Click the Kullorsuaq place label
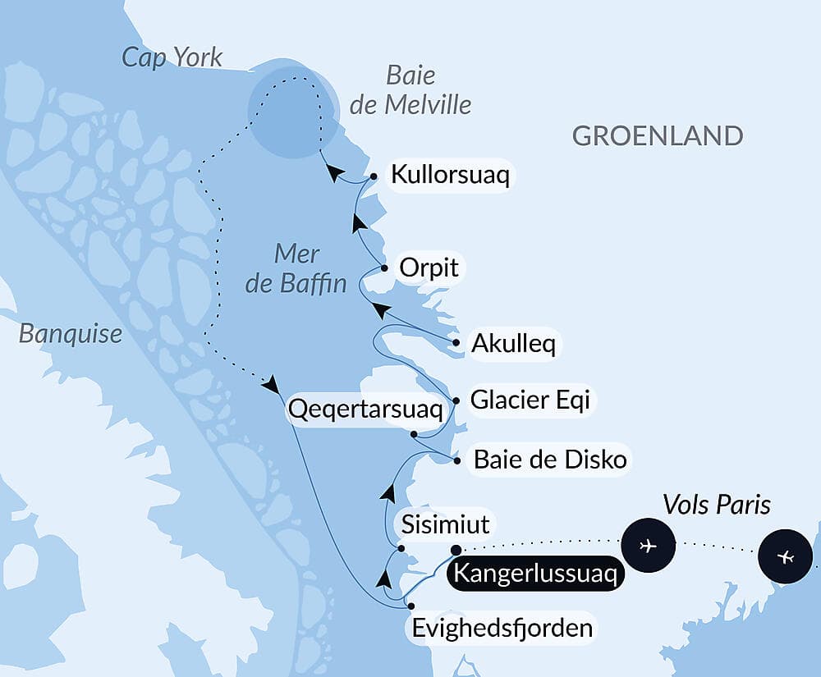tap(450, 175)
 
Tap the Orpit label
tap(428, 268)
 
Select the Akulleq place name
tap(513, 344)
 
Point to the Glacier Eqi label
tap(530, 401)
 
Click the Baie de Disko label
tap(550, 460)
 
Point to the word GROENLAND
tap(657, 135)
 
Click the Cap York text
tap(172, 57)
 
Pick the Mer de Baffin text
tap(309, 268)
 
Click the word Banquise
tap(71, 334)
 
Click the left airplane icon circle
tap(648, 544)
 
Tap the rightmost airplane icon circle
tap(786, 556)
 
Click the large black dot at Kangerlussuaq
tap(456, 550)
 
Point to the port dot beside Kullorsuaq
tap(374, 176)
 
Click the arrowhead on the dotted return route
tap(272, 383)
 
